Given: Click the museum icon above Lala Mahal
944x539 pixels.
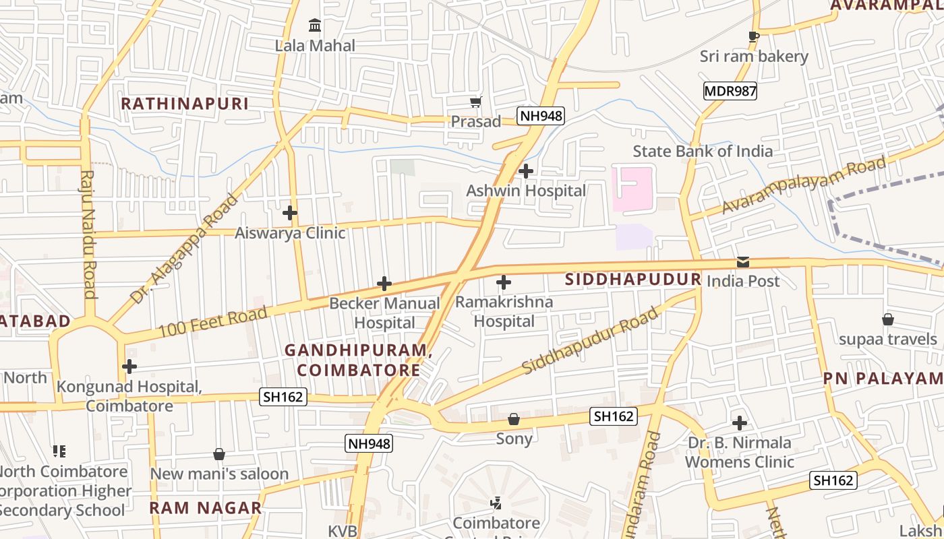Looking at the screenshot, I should (x=315, y=26).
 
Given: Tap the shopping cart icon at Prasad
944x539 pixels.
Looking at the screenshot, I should (x=476, y=102).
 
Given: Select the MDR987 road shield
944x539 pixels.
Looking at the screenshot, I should (x=730, y=91).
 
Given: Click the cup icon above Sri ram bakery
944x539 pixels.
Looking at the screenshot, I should (x=754, y=36).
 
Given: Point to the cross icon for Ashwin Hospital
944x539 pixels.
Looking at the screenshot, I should (x=526, y=171).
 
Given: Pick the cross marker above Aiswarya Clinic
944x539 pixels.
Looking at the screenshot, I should (x=290, y=213).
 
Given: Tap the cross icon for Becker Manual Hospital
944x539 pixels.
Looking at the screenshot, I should (x=384, y=284).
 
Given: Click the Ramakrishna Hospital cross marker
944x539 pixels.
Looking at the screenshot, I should (x=504, y=282).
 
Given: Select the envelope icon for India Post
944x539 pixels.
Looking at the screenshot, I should (x=742, y=262).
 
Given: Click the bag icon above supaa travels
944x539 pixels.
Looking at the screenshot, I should (x=888, y=319).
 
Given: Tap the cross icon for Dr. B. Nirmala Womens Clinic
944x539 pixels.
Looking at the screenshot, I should (x=740, y=423).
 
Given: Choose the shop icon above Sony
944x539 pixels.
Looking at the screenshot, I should (x=514, y=419).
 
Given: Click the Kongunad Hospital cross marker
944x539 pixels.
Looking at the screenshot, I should (x=129, y=367).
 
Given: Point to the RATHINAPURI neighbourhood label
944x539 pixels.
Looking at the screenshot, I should (x=185, y=104).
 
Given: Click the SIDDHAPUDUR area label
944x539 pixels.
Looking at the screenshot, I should (x=633, y=279).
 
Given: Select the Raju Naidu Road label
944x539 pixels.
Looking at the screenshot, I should (x=88, y=234).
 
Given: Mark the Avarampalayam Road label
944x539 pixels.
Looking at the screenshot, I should (x=804, y=185).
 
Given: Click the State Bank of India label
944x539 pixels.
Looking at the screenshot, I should (x=703, y=151).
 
